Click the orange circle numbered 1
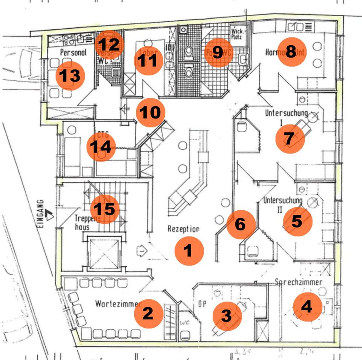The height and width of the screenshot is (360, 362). coord(189,250)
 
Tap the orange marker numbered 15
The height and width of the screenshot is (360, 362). coord(105,208)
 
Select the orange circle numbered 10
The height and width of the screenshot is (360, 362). coord(151,112)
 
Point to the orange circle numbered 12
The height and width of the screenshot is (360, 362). coord(109,45)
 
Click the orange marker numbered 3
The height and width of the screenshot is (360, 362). coord(227,316)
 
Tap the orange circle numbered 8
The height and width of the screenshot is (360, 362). coord(291,52)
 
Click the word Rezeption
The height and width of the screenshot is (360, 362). coord(183,229)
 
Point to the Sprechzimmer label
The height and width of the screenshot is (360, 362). coord(298,282)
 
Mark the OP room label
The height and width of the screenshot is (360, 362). coord(202,303)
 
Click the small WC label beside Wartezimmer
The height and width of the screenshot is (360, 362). coord(184,323)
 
